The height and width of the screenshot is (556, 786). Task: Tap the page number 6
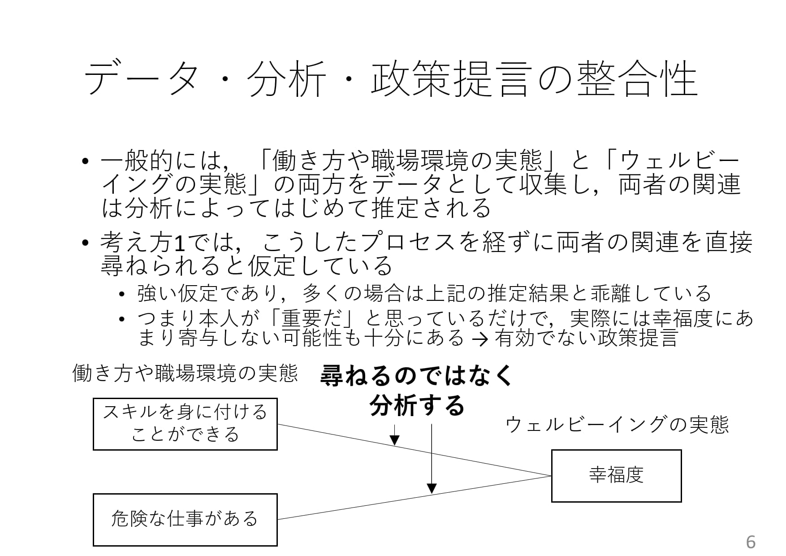[751, 542]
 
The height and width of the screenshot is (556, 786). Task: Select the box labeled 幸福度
[616, 476]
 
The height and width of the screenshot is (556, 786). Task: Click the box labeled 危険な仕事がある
[185, 519]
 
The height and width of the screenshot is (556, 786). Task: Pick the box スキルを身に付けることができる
[185, 424]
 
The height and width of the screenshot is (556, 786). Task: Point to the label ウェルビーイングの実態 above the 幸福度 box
[617, 425]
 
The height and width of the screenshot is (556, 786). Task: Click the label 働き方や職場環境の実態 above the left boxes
[185, 373]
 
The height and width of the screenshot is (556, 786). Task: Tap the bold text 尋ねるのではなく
[416, 375]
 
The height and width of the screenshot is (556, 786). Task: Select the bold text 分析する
[416, 405]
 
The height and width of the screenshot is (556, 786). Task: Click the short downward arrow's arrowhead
[394, 440]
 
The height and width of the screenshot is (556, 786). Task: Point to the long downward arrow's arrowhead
[432, 488]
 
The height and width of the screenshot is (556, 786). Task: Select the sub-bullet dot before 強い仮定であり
[122, 295]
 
